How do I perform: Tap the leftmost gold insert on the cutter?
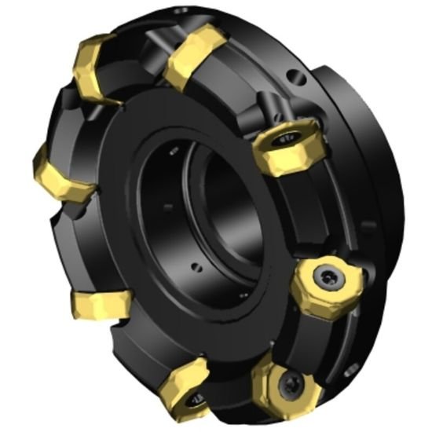(x=61, y=174)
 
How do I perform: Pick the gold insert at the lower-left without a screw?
(x=101, y=304)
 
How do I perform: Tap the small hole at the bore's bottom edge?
(x=198, y=269)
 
